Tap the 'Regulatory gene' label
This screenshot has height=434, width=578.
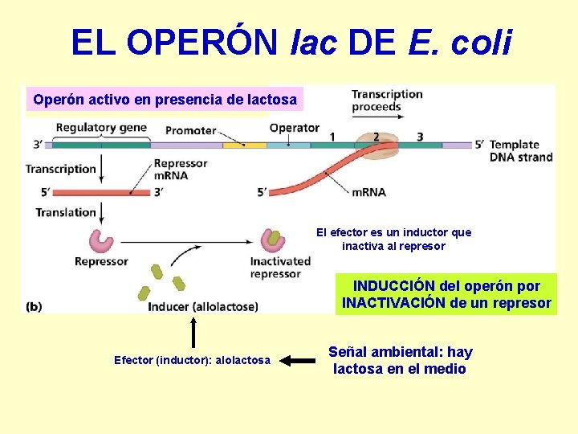[102, 128]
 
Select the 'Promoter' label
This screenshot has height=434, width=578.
[190, 130]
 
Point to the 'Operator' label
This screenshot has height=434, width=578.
[294, 128]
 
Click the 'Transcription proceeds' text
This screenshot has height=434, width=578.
[386, 100]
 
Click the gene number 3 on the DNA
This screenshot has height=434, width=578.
[419, 137]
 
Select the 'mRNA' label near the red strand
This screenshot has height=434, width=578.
[368, 192]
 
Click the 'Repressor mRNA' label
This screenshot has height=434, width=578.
[180, 169]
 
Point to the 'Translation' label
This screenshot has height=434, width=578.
[65, 212]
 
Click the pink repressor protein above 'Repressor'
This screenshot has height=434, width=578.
[101, 240]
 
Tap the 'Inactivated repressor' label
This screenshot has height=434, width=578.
[280, 267]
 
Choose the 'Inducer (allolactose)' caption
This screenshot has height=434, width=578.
[203, 306]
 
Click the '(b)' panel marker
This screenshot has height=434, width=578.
[35, 306]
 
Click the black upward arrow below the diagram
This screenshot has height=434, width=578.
[193, 333]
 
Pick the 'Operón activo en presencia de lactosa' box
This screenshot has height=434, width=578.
[165, 100]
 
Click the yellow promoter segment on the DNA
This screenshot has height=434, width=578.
[234, 145]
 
